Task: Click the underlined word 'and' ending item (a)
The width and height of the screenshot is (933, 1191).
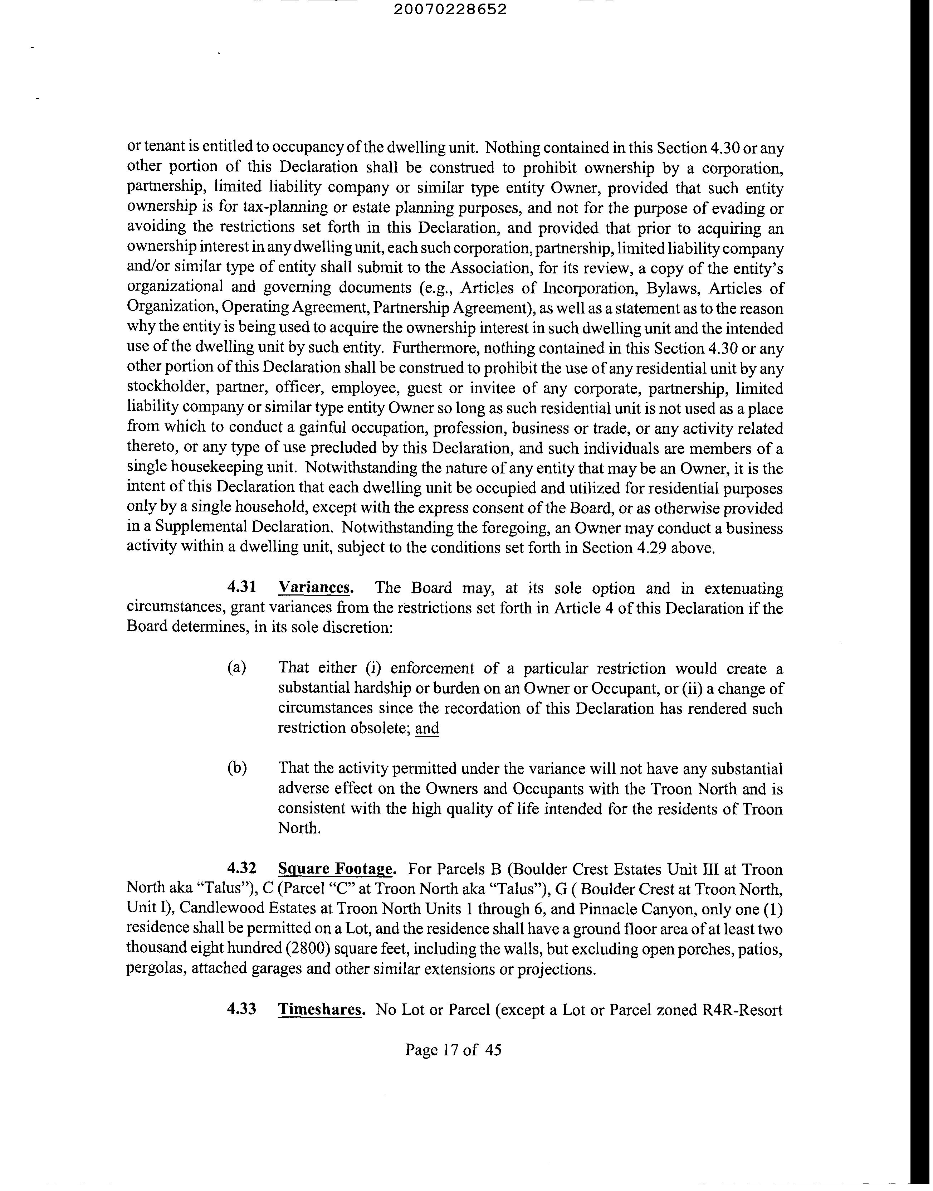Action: point(427,728)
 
